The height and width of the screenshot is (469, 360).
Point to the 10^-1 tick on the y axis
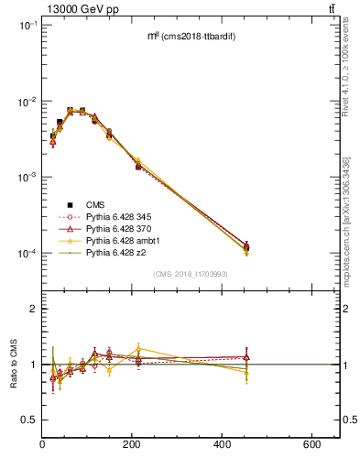click(x=27, y=26)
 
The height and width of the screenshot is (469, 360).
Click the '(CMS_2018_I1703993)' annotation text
click(x=191, y=274)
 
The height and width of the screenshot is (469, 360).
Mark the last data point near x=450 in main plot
click(x=246, y=246)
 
